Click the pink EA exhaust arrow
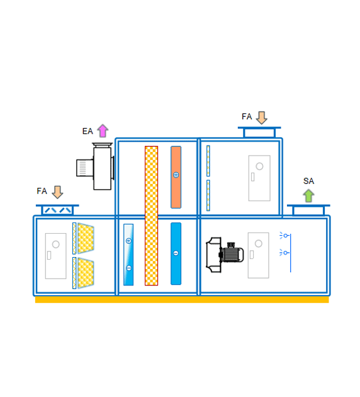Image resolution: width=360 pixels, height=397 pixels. (103, 130)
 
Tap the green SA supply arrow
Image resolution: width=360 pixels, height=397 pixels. (308, 195)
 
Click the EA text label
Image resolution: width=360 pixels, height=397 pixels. (87, 131)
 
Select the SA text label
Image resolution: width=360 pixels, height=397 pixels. (308, 181)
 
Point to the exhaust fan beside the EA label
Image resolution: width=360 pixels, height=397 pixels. (96, 166)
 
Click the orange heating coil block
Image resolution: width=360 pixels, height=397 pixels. (176, 177)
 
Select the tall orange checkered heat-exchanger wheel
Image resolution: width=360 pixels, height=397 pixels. (152, 216)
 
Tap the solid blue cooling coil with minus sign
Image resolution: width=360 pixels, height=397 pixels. (176, 254)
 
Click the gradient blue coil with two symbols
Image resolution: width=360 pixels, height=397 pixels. (128, 255)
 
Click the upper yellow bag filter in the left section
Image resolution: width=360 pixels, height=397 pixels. (86, 238)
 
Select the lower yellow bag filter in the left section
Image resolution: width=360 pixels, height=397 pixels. (86, 273)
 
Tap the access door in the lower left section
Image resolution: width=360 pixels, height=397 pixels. (55, 256)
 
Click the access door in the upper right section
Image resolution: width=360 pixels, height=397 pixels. (259, 178)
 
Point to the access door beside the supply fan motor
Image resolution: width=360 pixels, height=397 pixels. (259, 255)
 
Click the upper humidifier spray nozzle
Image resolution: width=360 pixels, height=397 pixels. (284, 236)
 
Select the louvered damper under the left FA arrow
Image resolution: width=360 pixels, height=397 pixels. (57, 210)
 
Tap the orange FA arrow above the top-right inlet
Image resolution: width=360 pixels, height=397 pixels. (262, 118)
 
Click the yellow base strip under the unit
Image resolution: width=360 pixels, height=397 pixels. (182, 300)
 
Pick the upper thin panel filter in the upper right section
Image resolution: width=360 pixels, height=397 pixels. (208, 161)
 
